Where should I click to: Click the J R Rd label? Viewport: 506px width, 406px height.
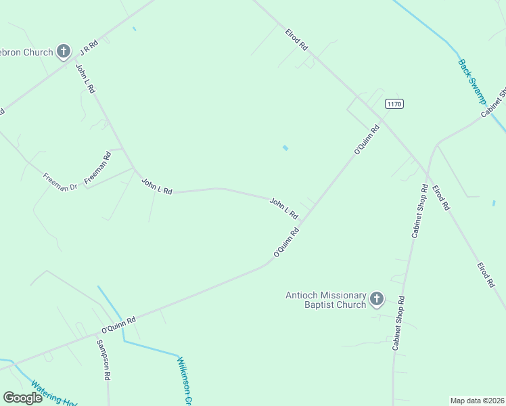point(89,47)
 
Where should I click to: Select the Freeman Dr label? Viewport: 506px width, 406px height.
point(60,181)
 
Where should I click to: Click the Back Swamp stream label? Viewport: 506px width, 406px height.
point(472,81)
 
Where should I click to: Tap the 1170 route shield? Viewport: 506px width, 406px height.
point(394,104)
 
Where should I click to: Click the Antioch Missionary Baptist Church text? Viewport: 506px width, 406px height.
point(325,300)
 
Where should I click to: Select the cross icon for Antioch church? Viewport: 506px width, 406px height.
point(377,298)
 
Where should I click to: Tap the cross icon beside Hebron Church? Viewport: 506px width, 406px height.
point(64,51)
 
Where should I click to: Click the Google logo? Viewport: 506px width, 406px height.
point(22,398)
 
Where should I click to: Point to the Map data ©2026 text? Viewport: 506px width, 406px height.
point(477,401)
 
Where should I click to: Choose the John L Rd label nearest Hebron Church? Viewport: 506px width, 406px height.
point(86,78)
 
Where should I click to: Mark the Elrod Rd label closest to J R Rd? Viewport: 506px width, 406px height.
point(296,39)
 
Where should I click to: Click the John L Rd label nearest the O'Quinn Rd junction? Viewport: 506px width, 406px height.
point(284,208)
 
